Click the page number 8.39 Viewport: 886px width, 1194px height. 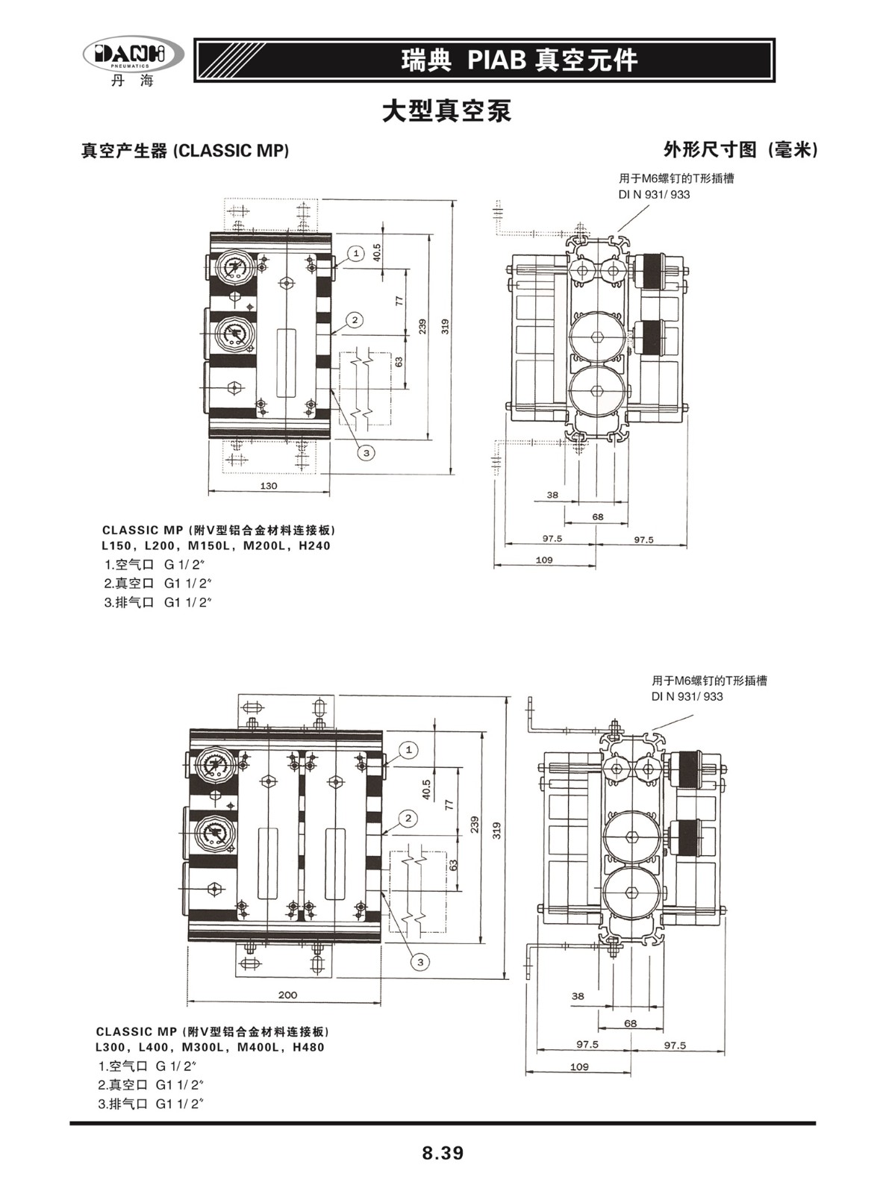pos(443,1153)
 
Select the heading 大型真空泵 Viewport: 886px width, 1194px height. pos(446,111)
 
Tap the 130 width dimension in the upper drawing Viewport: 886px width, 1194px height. pos(269,486)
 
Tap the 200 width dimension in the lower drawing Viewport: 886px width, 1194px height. pos(287,995)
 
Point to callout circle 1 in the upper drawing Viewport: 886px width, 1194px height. pos(356,254)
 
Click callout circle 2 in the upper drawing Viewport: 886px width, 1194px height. pos(355,320)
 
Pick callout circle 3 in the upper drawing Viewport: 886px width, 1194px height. pos(366,452)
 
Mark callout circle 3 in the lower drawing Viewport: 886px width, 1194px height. pos(420,962)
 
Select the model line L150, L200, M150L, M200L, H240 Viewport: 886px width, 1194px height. pos(216,546)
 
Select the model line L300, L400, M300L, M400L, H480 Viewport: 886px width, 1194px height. pos(210,1047)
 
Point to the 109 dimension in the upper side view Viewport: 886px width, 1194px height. pos(544,560)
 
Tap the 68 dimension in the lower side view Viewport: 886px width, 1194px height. pos(630,1023)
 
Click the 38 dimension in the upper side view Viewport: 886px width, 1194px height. pos(552,495)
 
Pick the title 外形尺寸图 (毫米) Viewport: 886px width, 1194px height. pos(740,150)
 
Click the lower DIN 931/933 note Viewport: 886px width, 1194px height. pos(687,696)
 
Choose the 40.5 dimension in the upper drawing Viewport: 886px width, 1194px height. pos(377,252)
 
